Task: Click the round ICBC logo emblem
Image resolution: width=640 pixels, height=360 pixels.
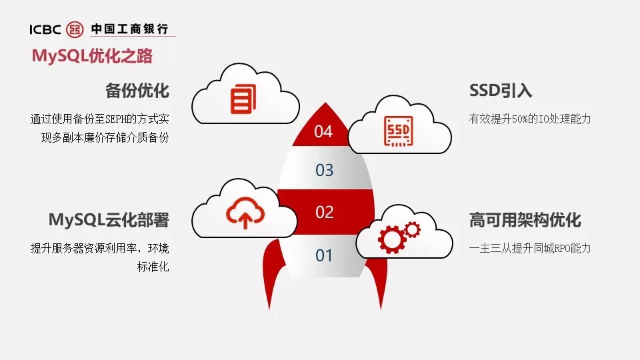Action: tap(75, 29)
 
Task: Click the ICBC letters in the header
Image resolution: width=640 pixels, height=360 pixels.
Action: tap(45, 29)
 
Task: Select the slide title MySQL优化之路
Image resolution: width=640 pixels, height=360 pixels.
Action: tap(92, 56)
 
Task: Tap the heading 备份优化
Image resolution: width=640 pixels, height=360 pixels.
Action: tap(137, 91)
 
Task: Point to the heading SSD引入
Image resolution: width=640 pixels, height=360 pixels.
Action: tap(501, 91)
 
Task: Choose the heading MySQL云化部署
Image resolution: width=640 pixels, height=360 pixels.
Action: tap(109, 220)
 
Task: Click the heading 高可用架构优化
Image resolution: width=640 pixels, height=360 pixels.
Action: tap(525, 220)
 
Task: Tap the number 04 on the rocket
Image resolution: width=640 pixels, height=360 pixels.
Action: tap(323, 131)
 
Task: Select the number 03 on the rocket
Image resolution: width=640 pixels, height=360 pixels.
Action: tap(325, 170)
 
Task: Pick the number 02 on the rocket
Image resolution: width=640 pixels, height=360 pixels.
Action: tap(325, 212)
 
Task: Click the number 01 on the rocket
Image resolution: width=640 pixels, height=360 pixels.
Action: tap(324, 255)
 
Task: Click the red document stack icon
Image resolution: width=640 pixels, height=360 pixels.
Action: tap(243, 99)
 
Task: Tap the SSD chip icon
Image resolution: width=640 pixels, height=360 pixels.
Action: tap(399, 131)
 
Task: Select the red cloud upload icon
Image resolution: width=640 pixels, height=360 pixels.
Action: tap(245, 213)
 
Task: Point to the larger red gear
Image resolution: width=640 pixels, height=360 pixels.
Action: tap(392, 239)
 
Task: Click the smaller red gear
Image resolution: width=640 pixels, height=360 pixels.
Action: tap(412, 230)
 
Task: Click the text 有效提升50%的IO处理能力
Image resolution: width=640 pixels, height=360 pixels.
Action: tap(530, 119)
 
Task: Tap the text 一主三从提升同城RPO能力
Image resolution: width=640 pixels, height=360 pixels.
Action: tap(530, 248)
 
